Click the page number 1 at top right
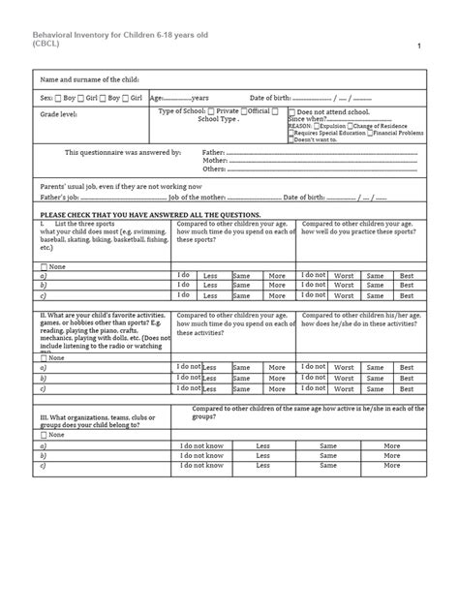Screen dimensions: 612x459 [x=419, y=47]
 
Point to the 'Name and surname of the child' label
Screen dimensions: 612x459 [x=90, y=79]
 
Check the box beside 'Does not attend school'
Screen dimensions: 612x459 [x=291, y=111]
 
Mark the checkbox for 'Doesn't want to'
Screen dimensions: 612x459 [x=291, y=138]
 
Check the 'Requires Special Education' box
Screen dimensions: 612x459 [x=291, y=132]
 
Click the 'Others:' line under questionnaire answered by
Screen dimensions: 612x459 [x=214, y=168]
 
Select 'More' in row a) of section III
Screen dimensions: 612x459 [x=391, y=444]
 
